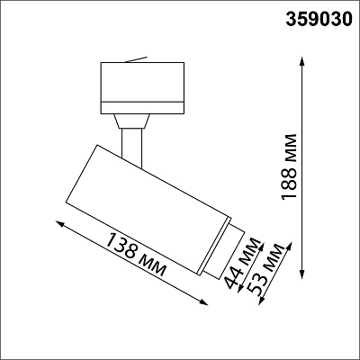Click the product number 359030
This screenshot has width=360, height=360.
pos(319,20)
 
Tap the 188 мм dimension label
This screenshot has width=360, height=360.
pos(289,166)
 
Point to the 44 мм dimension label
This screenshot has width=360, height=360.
pos(243,264)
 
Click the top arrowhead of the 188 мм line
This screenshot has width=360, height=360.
pos(302,60)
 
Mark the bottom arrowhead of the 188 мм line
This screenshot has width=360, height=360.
pos(302,274)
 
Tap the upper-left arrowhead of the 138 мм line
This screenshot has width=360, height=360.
pos(59,223)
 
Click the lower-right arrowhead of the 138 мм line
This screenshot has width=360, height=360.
pos(204,302)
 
